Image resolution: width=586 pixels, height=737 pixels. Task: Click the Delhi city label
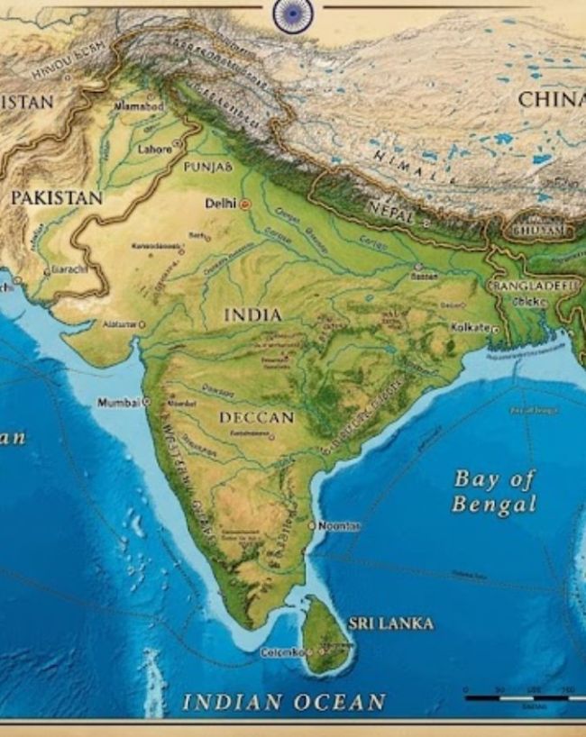[220, 204]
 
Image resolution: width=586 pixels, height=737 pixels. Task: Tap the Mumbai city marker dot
[147, 402]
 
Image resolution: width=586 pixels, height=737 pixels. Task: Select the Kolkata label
[469, 327]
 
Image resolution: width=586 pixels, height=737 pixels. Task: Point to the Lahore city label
[155, 149]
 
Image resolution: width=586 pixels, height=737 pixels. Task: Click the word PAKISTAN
[57, 197]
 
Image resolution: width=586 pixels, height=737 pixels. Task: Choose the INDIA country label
[252, 315]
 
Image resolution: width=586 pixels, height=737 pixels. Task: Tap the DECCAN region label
[256, 417]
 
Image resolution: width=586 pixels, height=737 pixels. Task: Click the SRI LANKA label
[390, 623]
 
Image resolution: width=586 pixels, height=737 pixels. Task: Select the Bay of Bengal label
[494, 491]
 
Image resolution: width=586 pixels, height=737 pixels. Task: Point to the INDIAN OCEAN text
[284, 702]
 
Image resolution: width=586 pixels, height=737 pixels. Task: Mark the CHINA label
[551, 99]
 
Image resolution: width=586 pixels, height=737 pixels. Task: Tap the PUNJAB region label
[208, 168]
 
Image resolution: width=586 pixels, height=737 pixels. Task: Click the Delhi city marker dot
[243, 205]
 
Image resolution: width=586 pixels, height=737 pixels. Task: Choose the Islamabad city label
[138, 105]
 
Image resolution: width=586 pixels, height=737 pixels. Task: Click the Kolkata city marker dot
[495, 329]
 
